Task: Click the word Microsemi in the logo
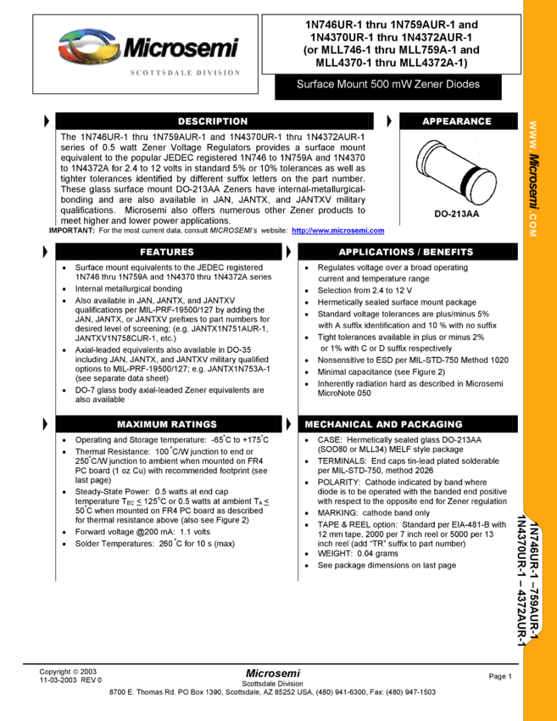pyautogui.click(x=181, y=48)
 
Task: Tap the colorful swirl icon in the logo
pyautogui.click(x=88, y=48)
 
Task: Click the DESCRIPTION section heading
pyautogui.click(x=213, y=121)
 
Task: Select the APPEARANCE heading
pyautogui.click(x=457, y=121)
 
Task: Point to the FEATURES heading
pyautogui.click(x=167, y=252)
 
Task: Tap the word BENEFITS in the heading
pyautogui.click(x=448, y=252)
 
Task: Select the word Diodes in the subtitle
pyautogui.click(x=463, y=85)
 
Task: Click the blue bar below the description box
pyautogui.click(x=338, y=231)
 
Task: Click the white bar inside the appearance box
pyautogui.click(x=457, y=206)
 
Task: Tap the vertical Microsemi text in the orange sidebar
pyautogui.click(x=534, y=182)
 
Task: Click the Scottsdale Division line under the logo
pyautogui.click(x=185, y=74)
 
